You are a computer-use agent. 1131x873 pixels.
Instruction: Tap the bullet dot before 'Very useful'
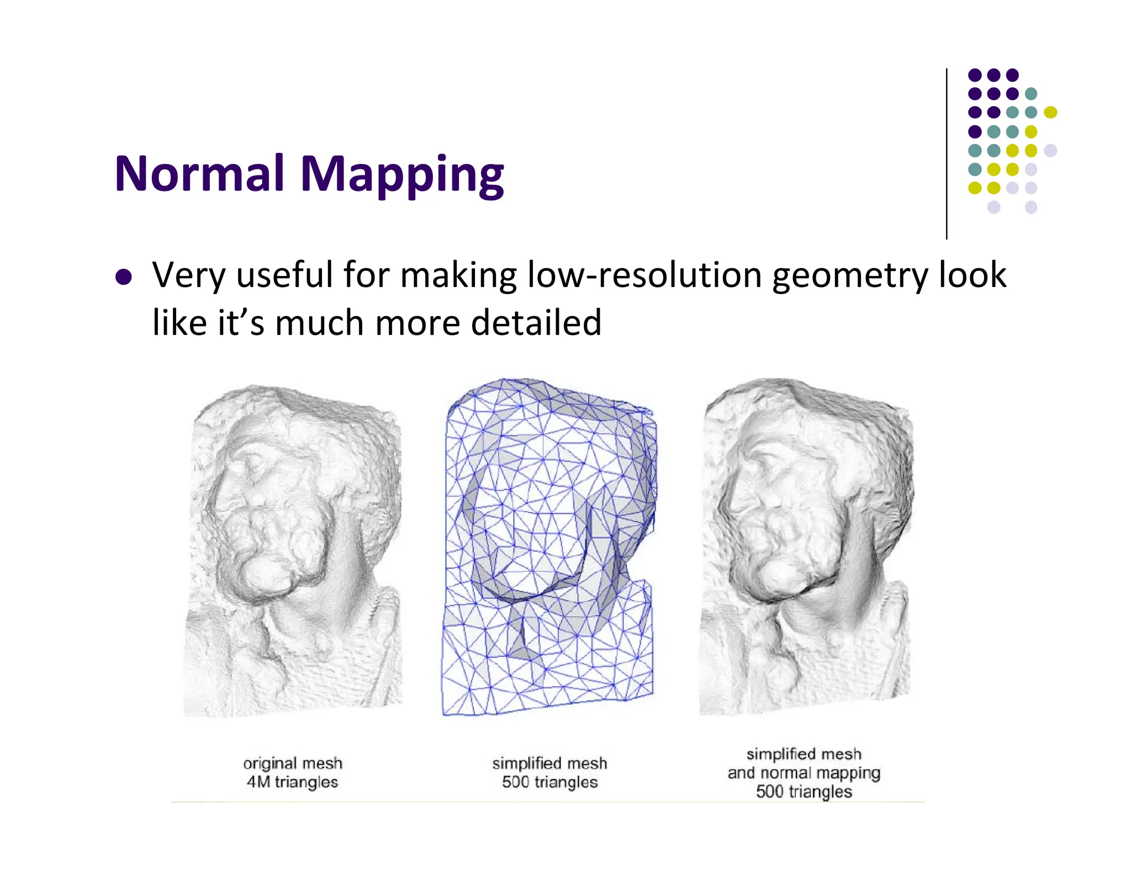click(124, 276)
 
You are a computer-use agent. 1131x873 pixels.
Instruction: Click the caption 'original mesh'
click(293, 763)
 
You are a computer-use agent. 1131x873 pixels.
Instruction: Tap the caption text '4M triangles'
click(292, 782)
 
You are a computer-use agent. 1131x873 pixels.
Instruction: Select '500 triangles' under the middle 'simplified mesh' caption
click(549, 782)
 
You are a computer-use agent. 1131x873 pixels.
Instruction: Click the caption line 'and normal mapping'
click(804, 773)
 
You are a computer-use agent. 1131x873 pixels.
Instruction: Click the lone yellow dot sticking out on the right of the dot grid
click(1050, 113)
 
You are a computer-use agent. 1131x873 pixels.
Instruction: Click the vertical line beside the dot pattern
click(947, 154)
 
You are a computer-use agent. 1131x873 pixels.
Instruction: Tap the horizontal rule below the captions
click(547, 802)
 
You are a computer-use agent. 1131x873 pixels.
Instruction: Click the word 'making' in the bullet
click(458, 275)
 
